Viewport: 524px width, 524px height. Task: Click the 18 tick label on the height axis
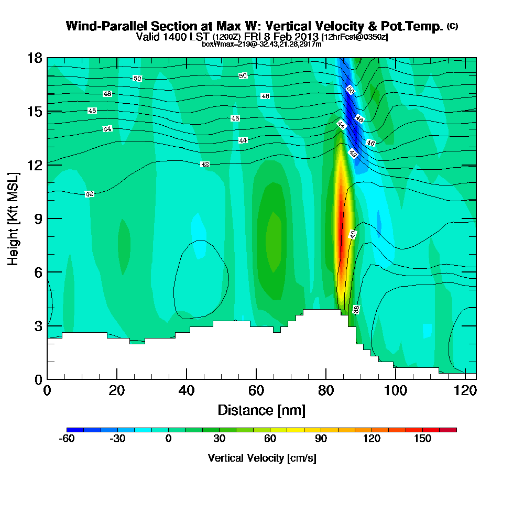click(x=34, y=58)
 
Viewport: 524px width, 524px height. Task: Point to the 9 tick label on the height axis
click(x=38, y=219)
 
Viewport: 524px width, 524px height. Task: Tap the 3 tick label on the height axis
click(x=38, y=326)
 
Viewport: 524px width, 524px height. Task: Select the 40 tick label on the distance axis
click(x=187, y=390)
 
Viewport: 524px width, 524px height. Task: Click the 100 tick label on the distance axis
click(x=396, y=390)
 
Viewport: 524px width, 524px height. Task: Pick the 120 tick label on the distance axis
click(x=465, y=390)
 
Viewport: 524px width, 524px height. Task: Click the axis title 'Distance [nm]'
click(x=261, y=410)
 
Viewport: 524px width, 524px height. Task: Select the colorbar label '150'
click(x=423, y=439)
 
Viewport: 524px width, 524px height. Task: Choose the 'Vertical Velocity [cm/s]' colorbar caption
click(x=261, y=458)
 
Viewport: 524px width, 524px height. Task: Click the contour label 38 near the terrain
click(x=356, y=309)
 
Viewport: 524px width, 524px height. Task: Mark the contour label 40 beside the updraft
click(x=353, y=234)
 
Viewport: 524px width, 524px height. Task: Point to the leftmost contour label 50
click(x=137, y=79)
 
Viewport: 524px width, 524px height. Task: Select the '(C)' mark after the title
click(x=452, y=26)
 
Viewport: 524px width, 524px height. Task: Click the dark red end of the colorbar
click(x=452, y=430)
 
